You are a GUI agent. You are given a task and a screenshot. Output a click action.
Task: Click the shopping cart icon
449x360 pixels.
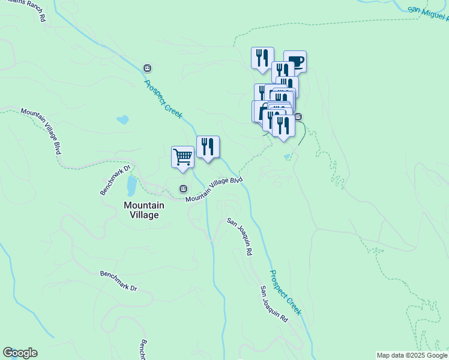[x=182, y=158]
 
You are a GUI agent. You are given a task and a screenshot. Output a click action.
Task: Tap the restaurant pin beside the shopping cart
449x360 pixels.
[x=208, y=147]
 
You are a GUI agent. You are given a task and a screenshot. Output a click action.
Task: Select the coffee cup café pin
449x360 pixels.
[x=295, y=61]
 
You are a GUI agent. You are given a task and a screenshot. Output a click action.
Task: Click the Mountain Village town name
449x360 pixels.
[x=141, y=210]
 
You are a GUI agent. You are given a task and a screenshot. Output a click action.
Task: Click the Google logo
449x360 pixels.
[x=20, y=353]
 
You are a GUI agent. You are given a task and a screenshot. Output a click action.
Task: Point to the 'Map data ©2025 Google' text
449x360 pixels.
[x=412, y=355]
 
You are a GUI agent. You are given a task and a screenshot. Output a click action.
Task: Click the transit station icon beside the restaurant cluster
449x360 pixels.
[x=298, y=116]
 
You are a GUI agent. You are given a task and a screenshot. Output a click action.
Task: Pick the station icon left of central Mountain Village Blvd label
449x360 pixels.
[x=183, y=189]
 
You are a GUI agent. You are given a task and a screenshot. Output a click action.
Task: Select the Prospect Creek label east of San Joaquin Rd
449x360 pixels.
[x=285, y=293]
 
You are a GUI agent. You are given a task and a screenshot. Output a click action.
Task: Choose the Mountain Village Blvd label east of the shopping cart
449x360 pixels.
[x=214, y=190]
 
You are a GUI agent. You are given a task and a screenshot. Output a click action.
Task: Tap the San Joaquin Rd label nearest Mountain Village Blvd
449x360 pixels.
[x=239, y=238]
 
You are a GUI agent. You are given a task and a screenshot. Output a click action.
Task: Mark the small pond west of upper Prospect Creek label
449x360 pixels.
[x=123, y=119]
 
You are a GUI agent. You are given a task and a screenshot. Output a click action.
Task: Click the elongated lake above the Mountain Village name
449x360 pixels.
[x=131, y=188]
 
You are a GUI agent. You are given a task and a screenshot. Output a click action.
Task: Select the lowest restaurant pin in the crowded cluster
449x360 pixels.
[x=283, y=125]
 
